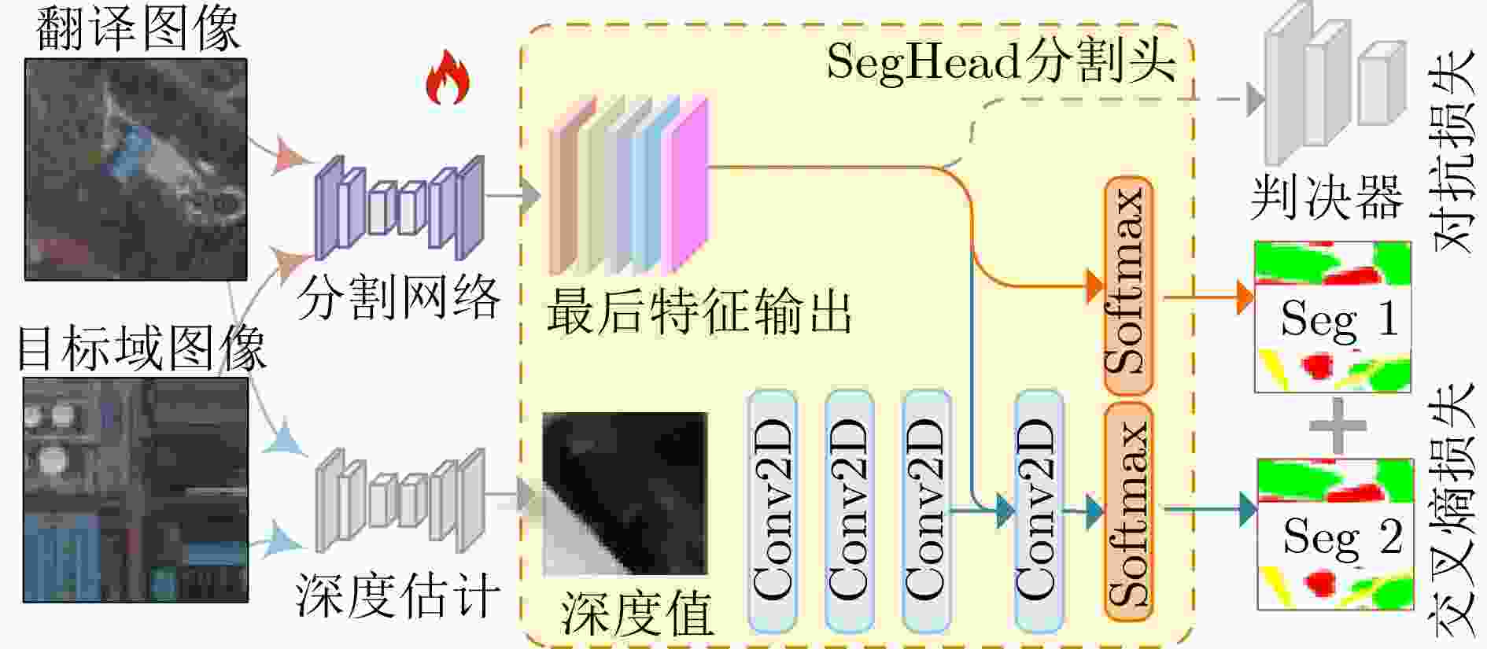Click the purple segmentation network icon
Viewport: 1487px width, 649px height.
[399, 208]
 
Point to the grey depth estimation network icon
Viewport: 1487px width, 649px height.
[400, 500]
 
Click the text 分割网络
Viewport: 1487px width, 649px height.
[398, 297]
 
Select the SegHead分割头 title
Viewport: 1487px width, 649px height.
[1001, 61]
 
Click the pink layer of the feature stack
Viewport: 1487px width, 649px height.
[686, 184]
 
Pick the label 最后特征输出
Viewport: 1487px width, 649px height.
[699, 311]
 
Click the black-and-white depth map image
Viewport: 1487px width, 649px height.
[625, 493]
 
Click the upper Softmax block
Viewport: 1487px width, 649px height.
[1128, 286]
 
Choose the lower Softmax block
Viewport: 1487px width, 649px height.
[1128, 512]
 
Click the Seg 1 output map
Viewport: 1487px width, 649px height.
[1332, 317]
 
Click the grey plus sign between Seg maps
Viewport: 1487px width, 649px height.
[1338, 426]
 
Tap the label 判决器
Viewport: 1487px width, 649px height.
[1327, 197]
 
